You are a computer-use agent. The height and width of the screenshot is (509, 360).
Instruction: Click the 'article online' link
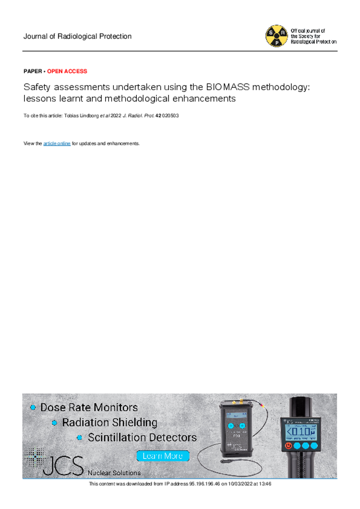click(x=57, y=143)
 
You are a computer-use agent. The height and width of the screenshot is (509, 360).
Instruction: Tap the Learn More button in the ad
click(x=163, y=456)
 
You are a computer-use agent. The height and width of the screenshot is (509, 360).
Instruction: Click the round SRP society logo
click(x=276, y=36)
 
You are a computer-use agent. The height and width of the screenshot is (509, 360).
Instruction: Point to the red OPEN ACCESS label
click(x=67, y=71)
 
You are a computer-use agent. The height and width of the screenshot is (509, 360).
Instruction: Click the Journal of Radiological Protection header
click(x=78, y=36)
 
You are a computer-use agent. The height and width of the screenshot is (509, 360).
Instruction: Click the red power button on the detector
click(x=288, y=446)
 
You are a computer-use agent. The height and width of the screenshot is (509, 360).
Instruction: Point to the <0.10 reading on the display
click(x=299, y=431)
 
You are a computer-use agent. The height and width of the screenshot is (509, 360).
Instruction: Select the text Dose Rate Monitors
click(x=89, y=408)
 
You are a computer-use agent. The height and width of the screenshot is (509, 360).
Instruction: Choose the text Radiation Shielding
click(x=109, y=423)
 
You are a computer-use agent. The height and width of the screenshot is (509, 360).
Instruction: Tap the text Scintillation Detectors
click(x=142, y=437)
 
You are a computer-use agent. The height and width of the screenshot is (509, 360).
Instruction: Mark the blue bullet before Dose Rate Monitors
click(x=33, y=407)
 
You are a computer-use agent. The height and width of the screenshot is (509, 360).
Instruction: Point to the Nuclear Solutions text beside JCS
click(x=114, y=473)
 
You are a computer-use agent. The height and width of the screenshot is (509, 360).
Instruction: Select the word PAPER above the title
click(x=33, y=71)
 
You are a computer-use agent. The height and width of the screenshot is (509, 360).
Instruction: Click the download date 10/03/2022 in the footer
click(x=241, y=484)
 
